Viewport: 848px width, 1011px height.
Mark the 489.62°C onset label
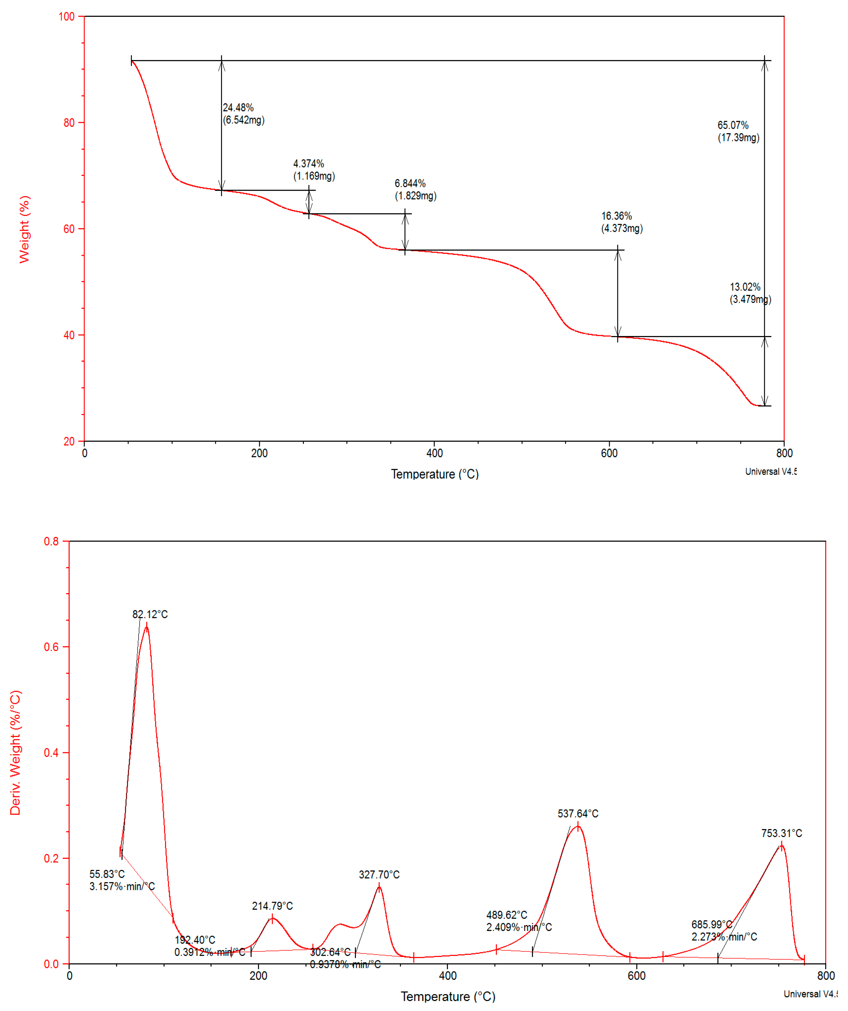506,915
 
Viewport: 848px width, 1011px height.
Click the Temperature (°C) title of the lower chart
448,997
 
